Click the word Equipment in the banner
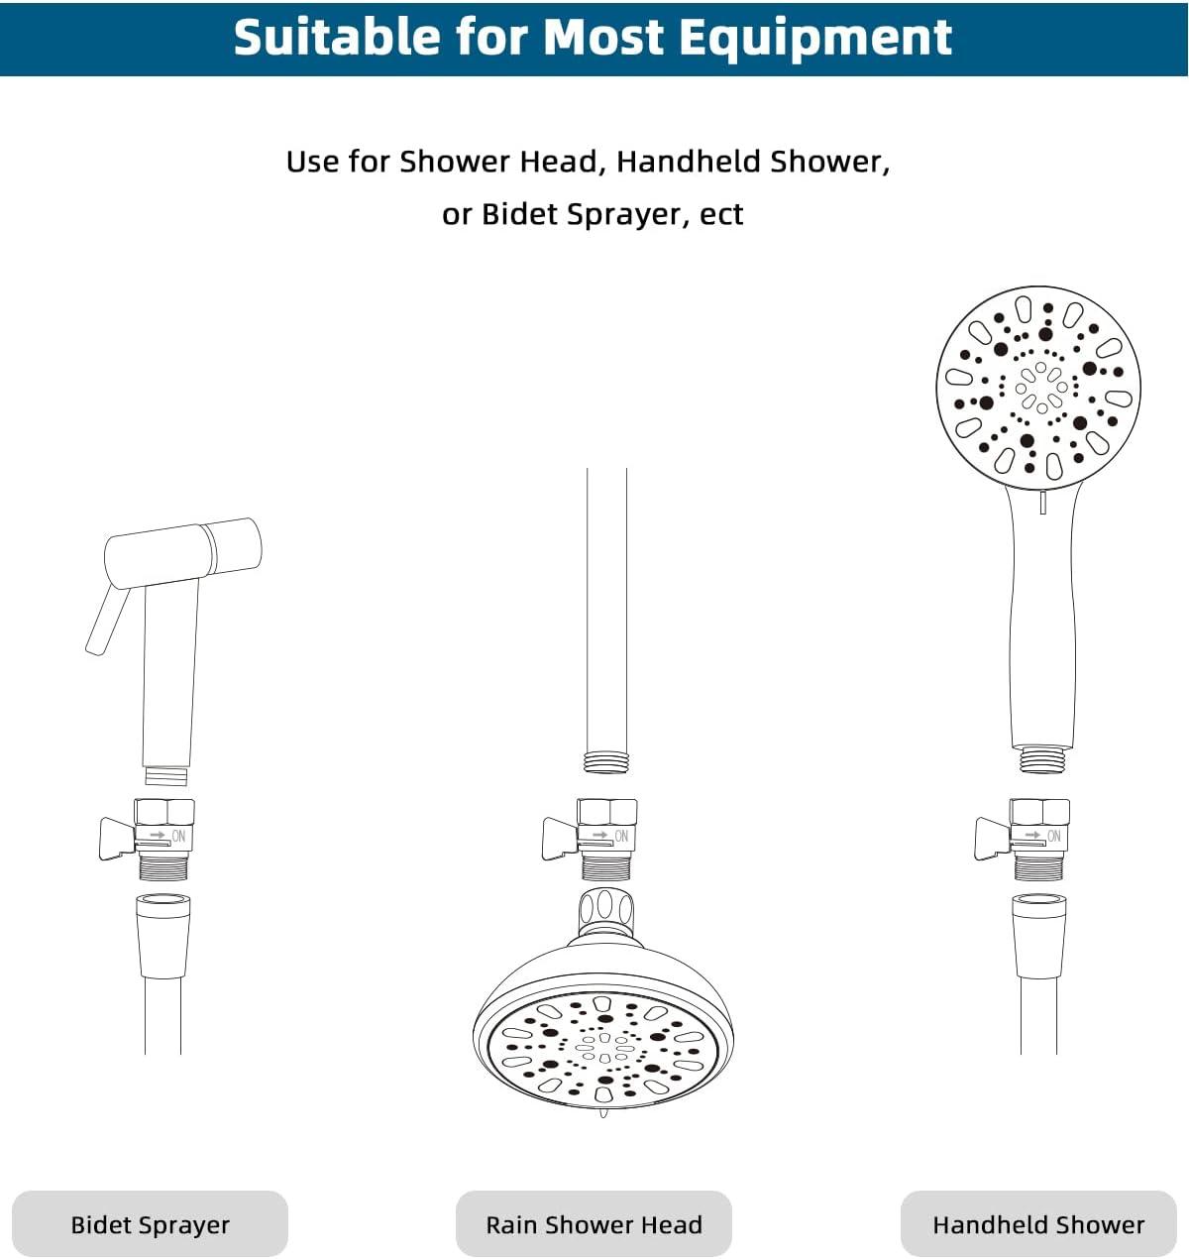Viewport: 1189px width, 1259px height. point(816,38)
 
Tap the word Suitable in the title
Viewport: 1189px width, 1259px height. point(337,37)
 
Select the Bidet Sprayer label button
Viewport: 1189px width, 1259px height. point(151,1224)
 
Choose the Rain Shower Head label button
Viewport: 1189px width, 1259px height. point(594,1224)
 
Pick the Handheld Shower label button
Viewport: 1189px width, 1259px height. point(1038,1224)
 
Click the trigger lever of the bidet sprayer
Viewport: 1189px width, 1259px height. point(107,620)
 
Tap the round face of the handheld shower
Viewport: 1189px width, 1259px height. point(1038,389)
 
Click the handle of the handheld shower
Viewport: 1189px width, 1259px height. point(1042,618)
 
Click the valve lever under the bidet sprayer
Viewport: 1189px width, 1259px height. point(117,838)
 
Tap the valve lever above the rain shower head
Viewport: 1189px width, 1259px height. point(560,838)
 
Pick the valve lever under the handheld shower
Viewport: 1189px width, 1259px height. point(992,838)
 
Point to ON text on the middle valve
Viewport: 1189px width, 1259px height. point(622,836)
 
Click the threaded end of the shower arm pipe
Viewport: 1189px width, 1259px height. point(606,762)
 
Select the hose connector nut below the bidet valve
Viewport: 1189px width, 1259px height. point(163,937)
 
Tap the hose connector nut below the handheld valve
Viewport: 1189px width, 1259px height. point(1038,937)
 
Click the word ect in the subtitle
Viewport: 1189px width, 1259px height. point(721,215)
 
